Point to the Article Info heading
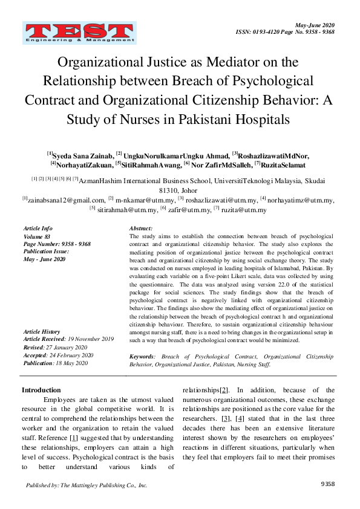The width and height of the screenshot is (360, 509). point(38,228)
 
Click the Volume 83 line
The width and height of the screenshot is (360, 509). point(38,236)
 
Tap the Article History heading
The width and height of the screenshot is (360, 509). point(41,332)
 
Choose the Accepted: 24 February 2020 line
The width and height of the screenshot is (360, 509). point(58,355)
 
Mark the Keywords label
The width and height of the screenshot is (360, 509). point(143,357)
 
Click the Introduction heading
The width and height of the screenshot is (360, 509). point(41,390)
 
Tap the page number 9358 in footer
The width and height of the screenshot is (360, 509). point(327,485)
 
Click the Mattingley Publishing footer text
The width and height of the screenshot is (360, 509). point(87,485)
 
